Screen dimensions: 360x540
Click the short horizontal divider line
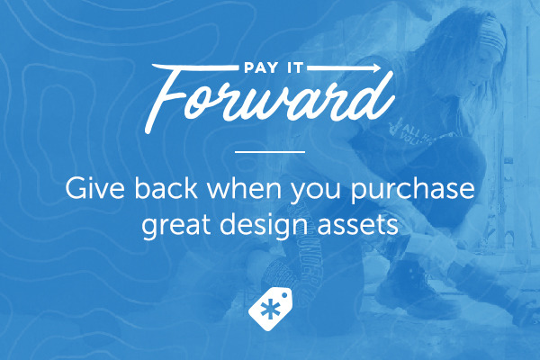(269, 153)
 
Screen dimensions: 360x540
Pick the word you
(316, 193)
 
